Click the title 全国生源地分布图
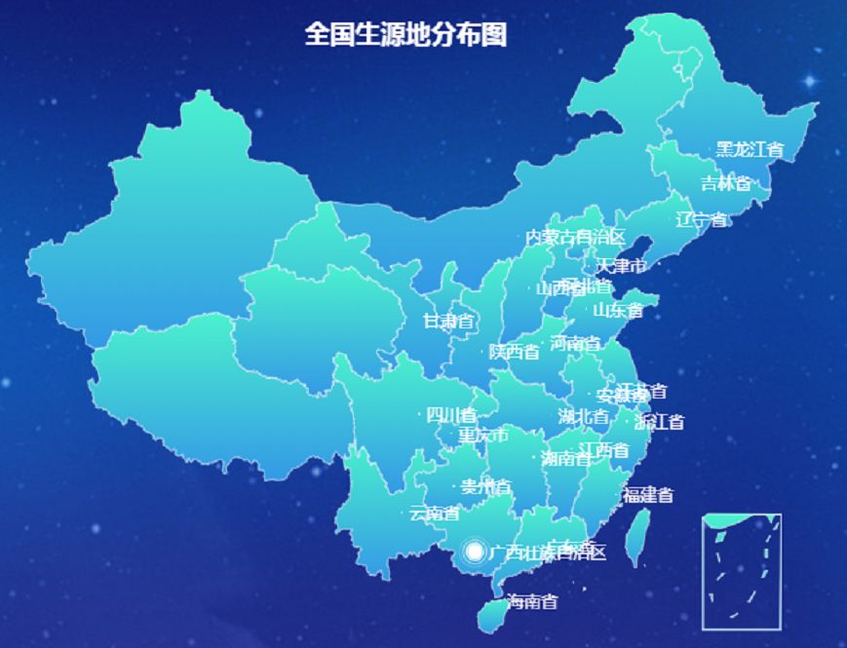click(405, 35)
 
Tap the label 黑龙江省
click(750, 149)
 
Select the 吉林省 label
click(726, 183)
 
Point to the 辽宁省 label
click(702, 219)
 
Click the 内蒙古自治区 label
click(575, 237)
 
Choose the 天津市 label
click(621, 266)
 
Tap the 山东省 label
click(618, 311)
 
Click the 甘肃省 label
click(448, 321)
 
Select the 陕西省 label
click(514, 352)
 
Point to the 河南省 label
click(575, 343)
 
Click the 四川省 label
click(451, 415)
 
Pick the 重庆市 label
click(483, 435)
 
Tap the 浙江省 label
click(659, 422)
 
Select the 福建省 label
click(648, 495)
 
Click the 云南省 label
click(434, 513)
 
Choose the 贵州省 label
click(485, 486)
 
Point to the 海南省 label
click(532, 602)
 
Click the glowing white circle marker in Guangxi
click(475, 553)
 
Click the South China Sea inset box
click(742, 571)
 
